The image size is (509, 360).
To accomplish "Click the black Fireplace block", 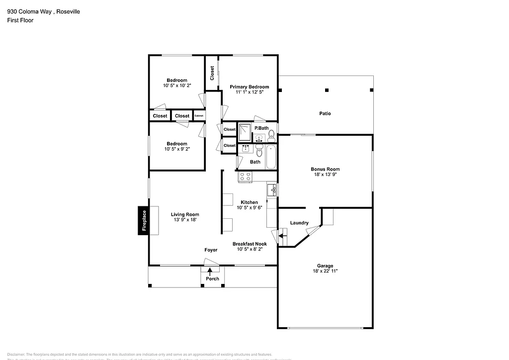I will point(143,220).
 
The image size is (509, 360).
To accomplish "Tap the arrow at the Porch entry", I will point(210,271).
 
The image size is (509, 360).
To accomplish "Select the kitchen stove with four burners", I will point(246,176).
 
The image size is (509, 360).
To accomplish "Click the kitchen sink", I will point(271,190).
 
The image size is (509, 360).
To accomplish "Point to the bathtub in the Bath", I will point(271,157).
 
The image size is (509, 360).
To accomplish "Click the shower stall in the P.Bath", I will point(245,132).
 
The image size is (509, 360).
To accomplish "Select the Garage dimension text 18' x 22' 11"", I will point(325,272).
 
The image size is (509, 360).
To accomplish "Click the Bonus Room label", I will point(325,169).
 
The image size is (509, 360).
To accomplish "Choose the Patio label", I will point(325,113).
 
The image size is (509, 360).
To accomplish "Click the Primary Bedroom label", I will point(249,87).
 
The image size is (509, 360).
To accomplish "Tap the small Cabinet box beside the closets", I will point(199,116).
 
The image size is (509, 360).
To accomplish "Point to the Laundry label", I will point(299,223).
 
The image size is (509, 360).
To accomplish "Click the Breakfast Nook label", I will point(250,244).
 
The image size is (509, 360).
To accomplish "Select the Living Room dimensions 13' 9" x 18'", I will point(185,220).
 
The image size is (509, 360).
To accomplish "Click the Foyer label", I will point(211,250).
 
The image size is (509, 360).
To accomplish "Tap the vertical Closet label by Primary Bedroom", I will point(212,73).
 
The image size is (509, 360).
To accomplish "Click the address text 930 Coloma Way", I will point(29,11).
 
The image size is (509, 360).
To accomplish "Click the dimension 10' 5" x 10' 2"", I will point(177,86).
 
